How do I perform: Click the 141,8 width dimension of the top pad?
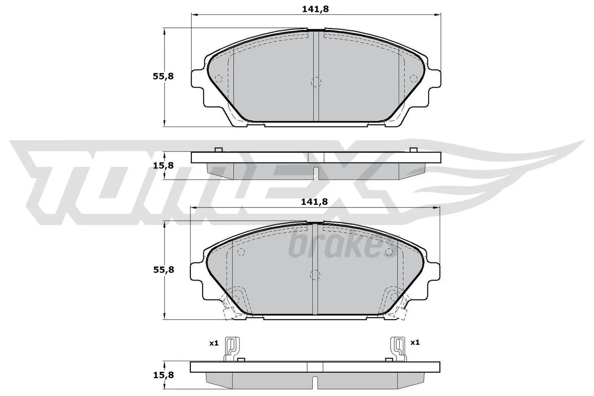pyautogui.click(x=315, y=9)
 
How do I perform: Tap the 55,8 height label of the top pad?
pyautogui.click(x=163, y=76)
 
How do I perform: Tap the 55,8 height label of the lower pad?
pyautogui.click(x=163, y=269)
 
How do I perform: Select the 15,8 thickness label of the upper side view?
pyautogui.click(x=163, y=166)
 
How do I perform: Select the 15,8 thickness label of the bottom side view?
pyautogui.click(x=163, y=375)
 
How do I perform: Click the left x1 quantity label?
pyautogui.click(x=213, y=343)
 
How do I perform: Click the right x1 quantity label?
pyautogui.click(x=415, y=342)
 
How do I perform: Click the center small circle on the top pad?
pyautogui.click(x=315, y=82)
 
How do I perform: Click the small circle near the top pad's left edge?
pyautogui.click(x=218, y=78)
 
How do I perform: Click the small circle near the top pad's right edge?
pyautogui.click(x=413, y=78)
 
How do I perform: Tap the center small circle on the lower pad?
pyautogui.click(x=314, y=275)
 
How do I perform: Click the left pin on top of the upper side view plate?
pyautogui.click(x=218, y=150)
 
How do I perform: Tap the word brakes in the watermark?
pyautogui.click(x=340, y=245)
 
